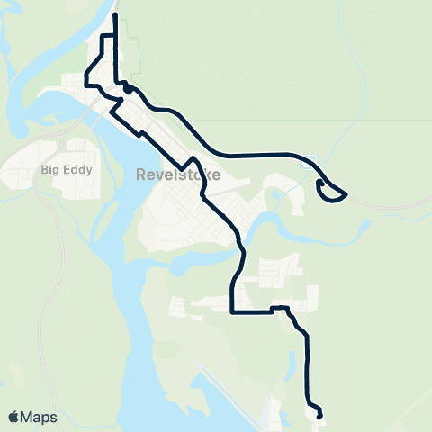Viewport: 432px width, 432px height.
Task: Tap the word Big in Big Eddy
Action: point(51,168)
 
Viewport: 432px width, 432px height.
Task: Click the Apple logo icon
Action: point(13,418)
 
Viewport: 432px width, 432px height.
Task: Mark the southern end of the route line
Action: point(320,417)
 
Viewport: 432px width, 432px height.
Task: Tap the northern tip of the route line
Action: point(115,14)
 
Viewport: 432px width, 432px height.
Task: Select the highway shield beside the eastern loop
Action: point(309,161)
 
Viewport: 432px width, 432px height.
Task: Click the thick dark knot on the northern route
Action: point(128,88)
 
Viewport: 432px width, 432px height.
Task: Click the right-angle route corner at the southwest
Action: point(233,312)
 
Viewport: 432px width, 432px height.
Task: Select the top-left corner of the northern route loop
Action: point(101,34)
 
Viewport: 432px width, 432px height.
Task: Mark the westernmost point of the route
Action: point(85,79)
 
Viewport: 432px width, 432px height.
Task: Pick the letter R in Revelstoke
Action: point(141,175)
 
